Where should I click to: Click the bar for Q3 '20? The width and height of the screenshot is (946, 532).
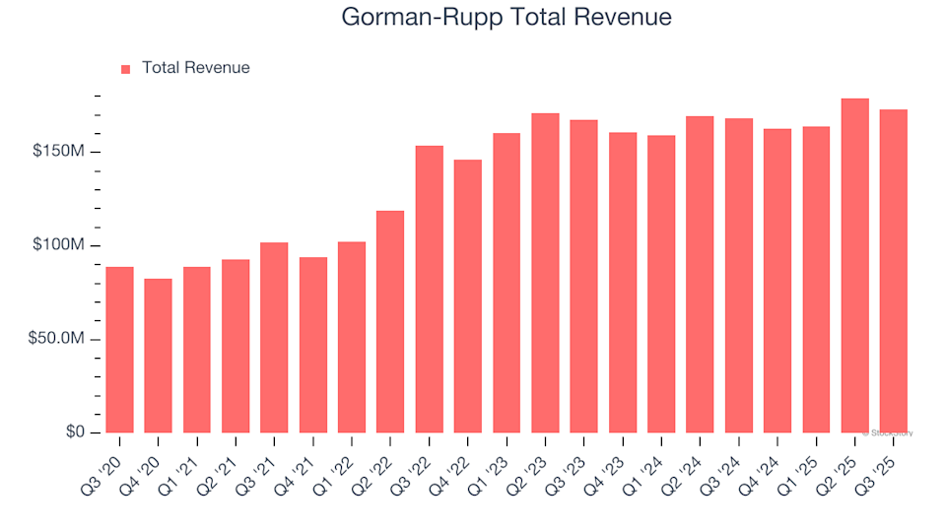(x=119, y=350)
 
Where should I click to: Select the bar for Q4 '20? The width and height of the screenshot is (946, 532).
(x=158, y=356)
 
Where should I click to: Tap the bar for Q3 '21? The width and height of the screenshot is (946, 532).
(x=274, y=337)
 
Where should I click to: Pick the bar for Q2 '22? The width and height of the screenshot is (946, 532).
(x=390, y=321)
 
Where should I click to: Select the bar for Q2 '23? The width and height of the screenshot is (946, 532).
(x=545, y=273)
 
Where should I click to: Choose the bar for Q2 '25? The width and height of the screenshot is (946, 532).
(x=854, y=265)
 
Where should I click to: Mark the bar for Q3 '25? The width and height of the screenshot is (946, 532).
(x=893, y=271)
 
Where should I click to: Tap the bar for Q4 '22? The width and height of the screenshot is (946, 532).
(x=468, y=296)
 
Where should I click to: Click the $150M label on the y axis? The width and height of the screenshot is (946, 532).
(x=58, y=152)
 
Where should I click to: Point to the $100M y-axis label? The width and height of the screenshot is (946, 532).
(x=58, y=245)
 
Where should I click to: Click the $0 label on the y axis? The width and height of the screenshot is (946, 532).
(x=77, y=432)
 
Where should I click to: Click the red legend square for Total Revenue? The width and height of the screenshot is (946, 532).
(x=125, y=69)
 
